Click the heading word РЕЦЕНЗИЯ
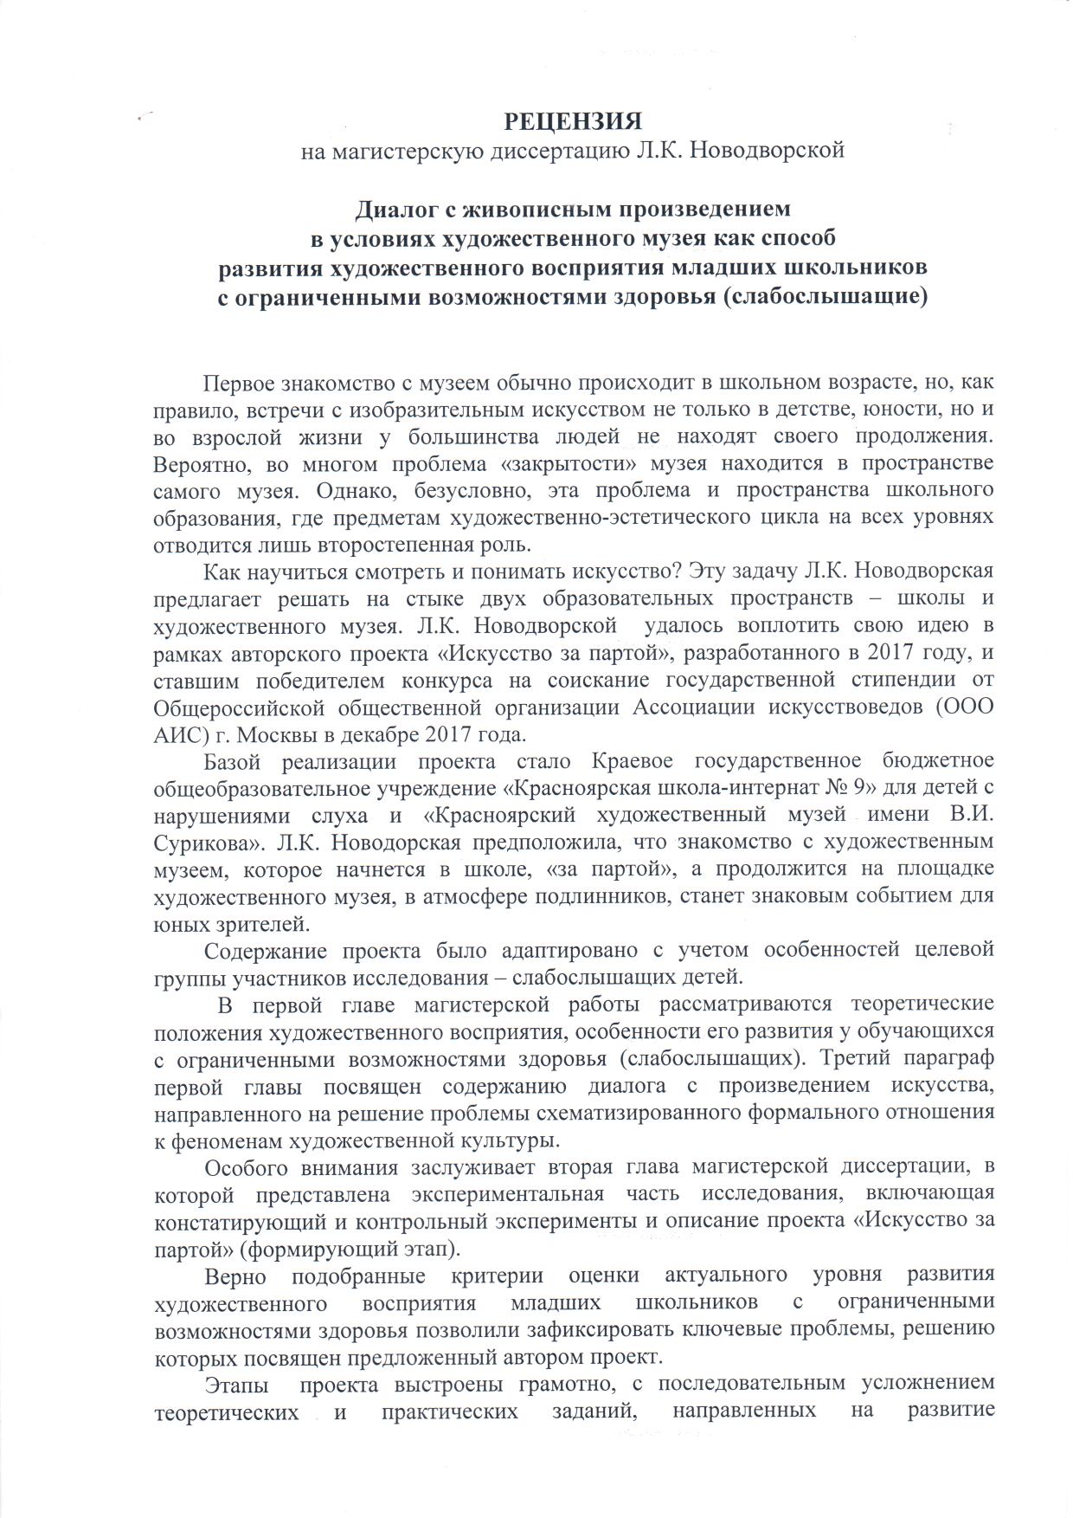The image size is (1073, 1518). click(574, 120)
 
